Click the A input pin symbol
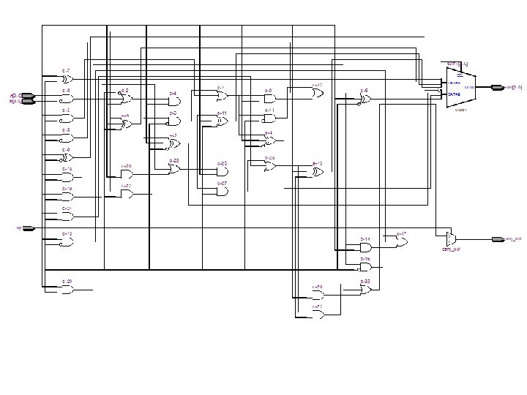click(x=28, y=96)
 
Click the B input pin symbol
click(x=28, y=102)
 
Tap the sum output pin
click(x=498, y=87)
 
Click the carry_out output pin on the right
click(x=498, y=239)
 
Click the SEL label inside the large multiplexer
click(x=459, y=75)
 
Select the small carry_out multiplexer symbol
click(x=450, y=238)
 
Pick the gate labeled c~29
click(x=67, y=289)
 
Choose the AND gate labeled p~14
click(x=365, y=247)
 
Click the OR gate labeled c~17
click(x=401, y=241)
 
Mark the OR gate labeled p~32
click(x=365, y=290)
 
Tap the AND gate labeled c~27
click(x=222, y=191)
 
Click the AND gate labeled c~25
click(x=222, y=171)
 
